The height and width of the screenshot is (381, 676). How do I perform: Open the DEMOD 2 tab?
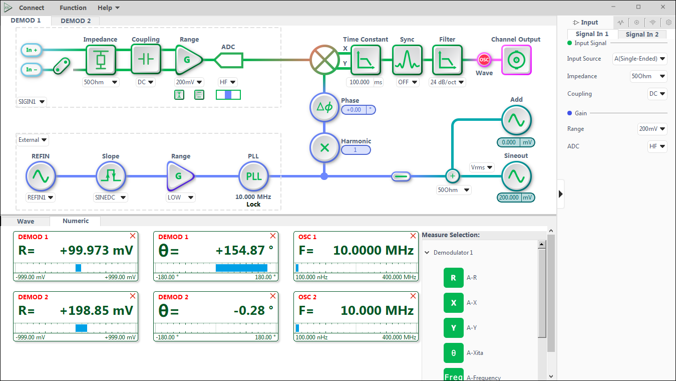point(76,21)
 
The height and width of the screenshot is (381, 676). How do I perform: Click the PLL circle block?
point(253,176)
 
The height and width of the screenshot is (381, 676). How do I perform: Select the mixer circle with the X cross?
point(324,60)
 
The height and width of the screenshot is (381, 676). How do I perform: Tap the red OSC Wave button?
point(484,60)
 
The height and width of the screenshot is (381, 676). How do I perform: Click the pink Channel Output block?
point(516,60)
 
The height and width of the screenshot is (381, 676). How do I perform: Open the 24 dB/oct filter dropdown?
point(447,82)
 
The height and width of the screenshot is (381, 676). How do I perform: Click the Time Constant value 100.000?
point(360,82)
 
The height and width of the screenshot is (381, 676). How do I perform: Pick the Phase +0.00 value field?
point(354,110)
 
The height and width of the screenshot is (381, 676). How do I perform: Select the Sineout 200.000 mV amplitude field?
point(509,198)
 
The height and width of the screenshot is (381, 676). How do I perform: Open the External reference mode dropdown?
point(32,140)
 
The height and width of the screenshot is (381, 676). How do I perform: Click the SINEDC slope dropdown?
point(110,198)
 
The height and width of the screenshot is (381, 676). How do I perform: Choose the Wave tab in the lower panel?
point(26,221)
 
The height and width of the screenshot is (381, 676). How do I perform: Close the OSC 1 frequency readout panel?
point(413,236)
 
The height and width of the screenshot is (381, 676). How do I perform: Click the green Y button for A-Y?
point(453,328)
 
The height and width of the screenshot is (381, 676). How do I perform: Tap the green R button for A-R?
point(453,278)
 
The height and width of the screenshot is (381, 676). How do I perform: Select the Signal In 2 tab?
point(642,35)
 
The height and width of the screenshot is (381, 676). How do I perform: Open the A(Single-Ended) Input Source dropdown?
point(639,59)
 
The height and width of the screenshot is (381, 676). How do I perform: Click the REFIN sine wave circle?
point(41,176)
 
